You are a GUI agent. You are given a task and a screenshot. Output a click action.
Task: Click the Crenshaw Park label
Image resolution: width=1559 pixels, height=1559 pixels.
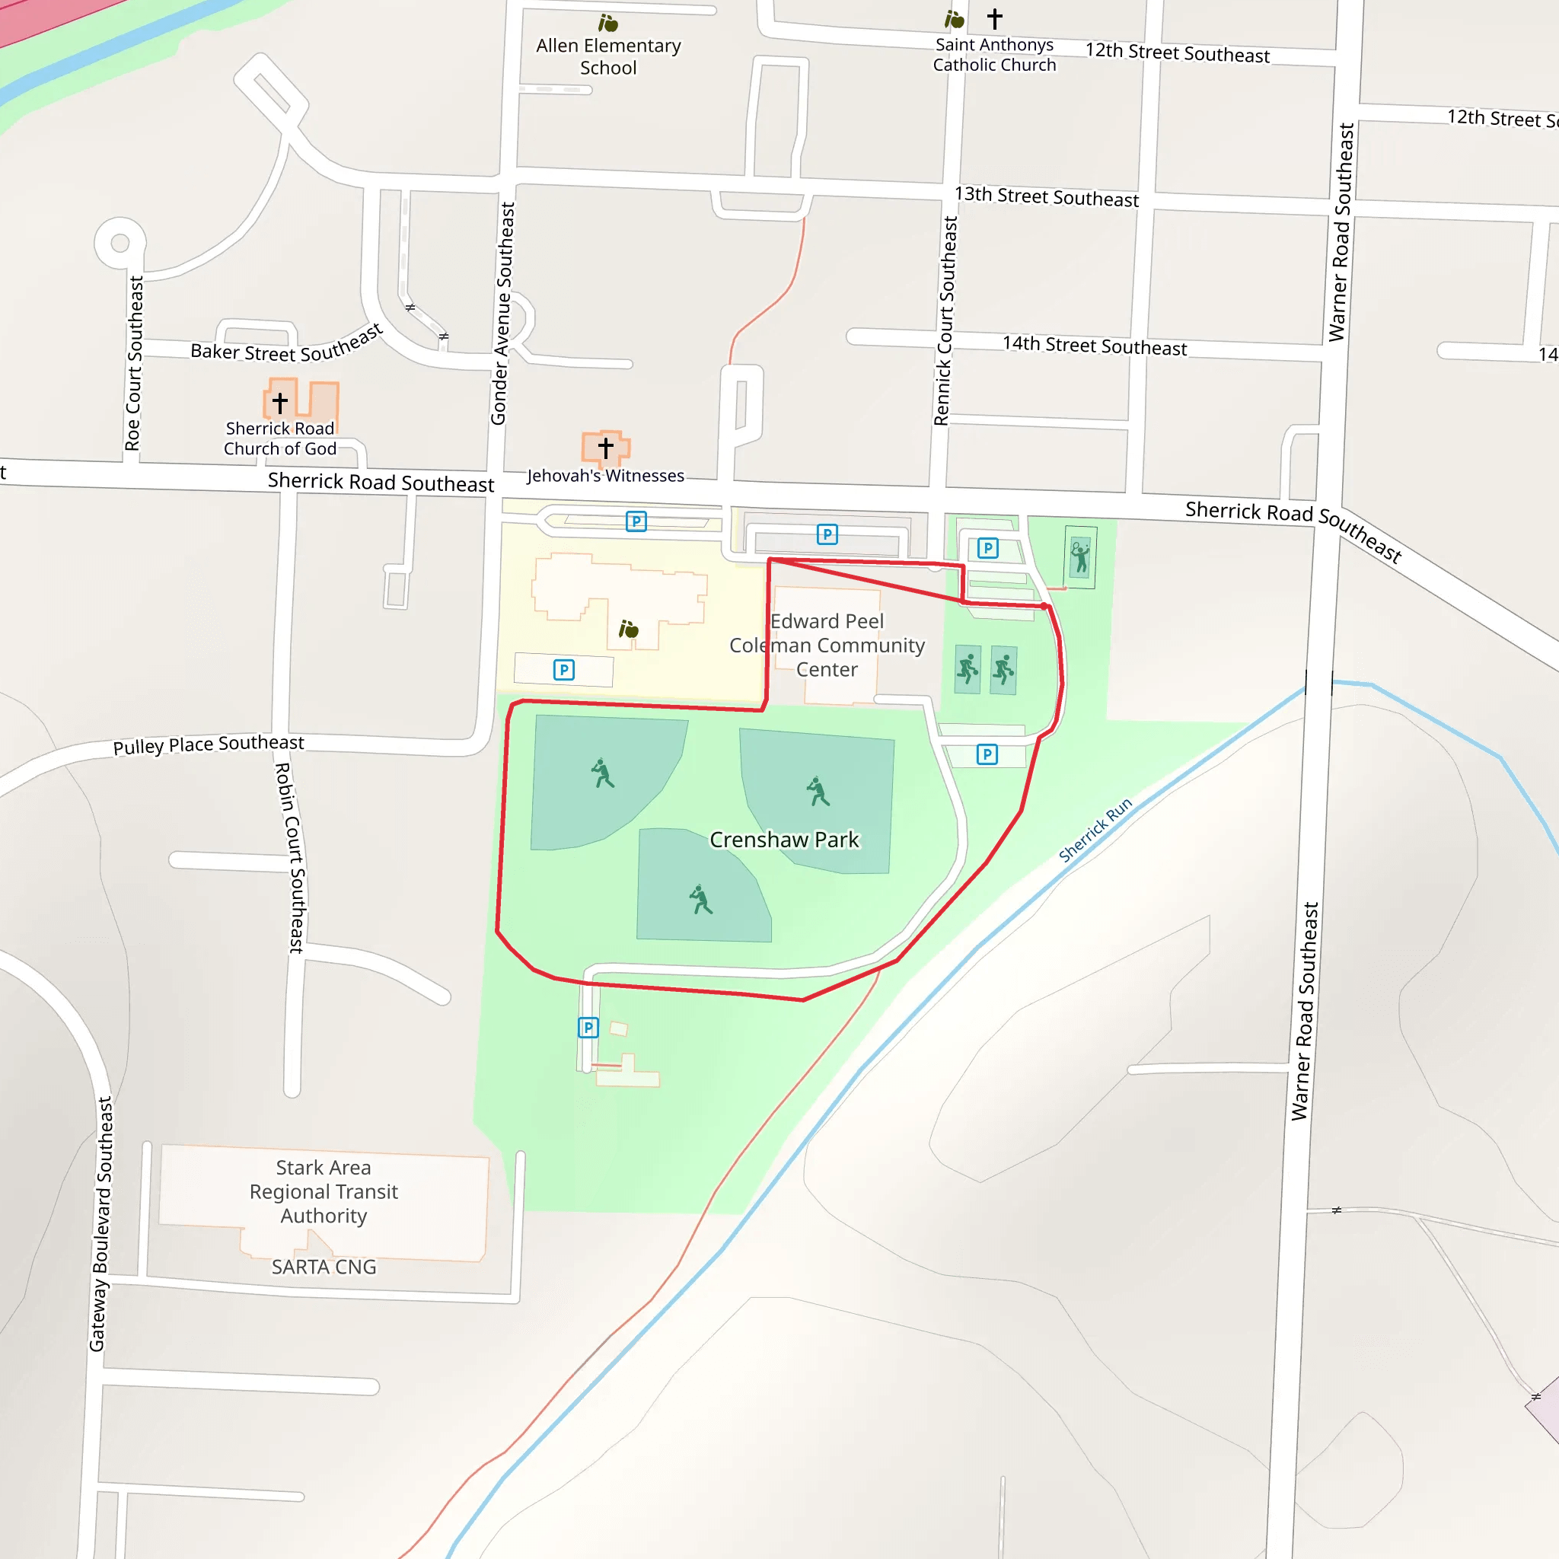tap(784, 840)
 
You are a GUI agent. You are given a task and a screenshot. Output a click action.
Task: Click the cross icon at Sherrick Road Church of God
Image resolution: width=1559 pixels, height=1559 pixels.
tap(280, 402)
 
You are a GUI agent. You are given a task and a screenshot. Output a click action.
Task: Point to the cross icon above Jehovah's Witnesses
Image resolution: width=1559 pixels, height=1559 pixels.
tap(605, 447)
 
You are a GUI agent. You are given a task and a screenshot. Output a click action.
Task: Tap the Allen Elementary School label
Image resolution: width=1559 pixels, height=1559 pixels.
tap(608, 56)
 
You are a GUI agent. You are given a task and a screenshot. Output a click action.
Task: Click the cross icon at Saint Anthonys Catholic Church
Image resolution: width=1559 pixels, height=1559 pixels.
tap(995, 18)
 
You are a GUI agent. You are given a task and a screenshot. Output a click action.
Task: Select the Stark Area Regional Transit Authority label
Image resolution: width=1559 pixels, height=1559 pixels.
tap(324, 1191)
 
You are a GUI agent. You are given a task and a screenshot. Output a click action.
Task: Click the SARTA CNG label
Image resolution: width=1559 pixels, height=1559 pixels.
tap(324, 1267)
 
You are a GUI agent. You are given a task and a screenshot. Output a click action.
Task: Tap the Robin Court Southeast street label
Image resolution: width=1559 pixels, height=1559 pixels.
tap(291, 858)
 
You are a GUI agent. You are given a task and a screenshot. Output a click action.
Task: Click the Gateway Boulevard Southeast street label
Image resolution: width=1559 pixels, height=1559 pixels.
tap(101, 1223)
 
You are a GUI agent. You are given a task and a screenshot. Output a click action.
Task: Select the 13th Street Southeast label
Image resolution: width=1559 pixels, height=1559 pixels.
tap(1047, 196)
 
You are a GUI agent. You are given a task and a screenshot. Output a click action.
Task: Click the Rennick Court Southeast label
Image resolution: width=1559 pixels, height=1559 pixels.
tap(945, 320)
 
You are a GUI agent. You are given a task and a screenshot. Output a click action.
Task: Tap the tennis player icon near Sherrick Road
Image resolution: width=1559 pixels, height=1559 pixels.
tap(1079, 556)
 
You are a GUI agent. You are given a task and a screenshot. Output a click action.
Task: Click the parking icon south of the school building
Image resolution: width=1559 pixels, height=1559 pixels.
tap(564, 670)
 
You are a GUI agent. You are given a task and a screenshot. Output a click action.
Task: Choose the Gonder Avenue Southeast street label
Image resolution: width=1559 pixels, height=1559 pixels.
tap(502, 313)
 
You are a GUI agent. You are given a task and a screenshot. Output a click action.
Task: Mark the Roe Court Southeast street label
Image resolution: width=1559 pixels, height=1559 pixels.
tap(134, 363)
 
